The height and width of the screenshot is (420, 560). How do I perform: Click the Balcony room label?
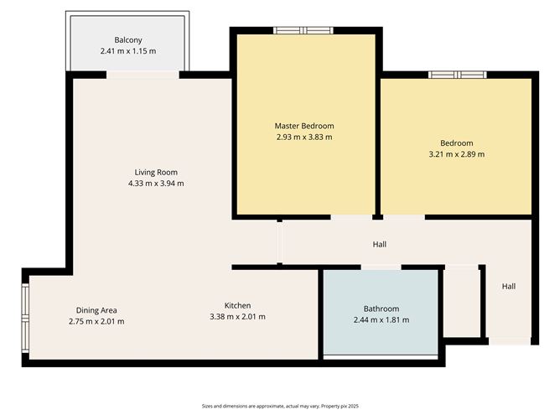point(128,39)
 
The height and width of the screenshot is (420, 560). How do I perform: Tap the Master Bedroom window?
point(303,30)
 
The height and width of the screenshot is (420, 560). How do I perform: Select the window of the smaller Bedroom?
point(458,75)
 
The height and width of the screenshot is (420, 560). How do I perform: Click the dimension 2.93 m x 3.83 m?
point(304,137)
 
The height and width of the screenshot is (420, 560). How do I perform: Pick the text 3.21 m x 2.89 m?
point(457,154)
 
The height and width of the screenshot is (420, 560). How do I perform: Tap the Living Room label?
point(156,172)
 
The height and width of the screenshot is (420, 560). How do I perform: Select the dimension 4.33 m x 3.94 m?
point(156,184)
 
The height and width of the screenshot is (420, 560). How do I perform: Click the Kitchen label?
point(237,305)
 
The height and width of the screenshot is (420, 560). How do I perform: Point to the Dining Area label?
point(96,310)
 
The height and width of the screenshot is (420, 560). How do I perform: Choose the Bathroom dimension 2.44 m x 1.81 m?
point(381,320)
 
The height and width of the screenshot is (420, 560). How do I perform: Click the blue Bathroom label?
point(381,309)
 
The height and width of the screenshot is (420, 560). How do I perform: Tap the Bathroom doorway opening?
point(381,267)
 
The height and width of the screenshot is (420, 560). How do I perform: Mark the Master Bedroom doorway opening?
point(351,217)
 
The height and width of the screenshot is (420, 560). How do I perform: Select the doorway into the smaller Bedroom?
point(404,217)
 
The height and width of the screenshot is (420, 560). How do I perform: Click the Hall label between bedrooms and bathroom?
point(380,244)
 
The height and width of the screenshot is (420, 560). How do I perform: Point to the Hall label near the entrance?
point(509,286)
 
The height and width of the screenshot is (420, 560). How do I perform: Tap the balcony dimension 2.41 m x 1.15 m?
point(128,51)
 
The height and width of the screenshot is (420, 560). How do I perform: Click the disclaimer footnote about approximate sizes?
point(280,406)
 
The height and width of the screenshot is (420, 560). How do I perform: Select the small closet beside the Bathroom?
point(461,302)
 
